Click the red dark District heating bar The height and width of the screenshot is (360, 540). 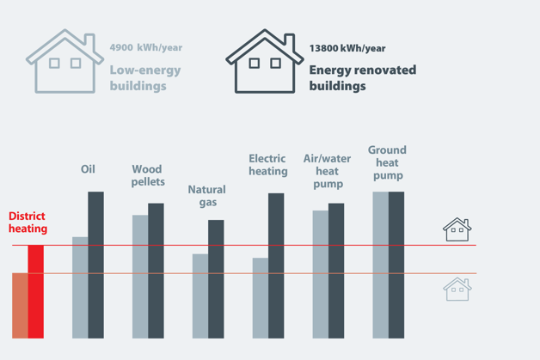36,292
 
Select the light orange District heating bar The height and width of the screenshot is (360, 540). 20,306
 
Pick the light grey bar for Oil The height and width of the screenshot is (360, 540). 80,288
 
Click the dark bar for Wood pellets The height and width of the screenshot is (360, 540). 156,271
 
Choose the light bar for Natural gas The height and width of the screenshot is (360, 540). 200,296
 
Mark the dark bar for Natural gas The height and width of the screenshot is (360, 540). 216,279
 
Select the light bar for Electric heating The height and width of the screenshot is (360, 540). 261,298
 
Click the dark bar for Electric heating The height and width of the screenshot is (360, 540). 276,265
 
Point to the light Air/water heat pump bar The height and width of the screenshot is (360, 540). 320,275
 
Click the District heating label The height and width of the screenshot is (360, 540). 28,223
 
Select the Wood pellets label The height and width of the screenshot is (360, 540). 147,176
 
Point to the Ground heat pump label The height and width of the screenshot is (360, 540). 387,162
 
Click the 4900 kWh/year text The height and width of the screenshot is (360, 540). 146,48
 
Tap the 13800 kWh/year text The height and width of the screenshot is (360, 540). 347,49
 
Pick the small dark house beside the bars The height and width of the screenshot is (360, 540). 457,229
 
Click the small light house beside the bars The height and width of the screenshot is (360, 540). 457,289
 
